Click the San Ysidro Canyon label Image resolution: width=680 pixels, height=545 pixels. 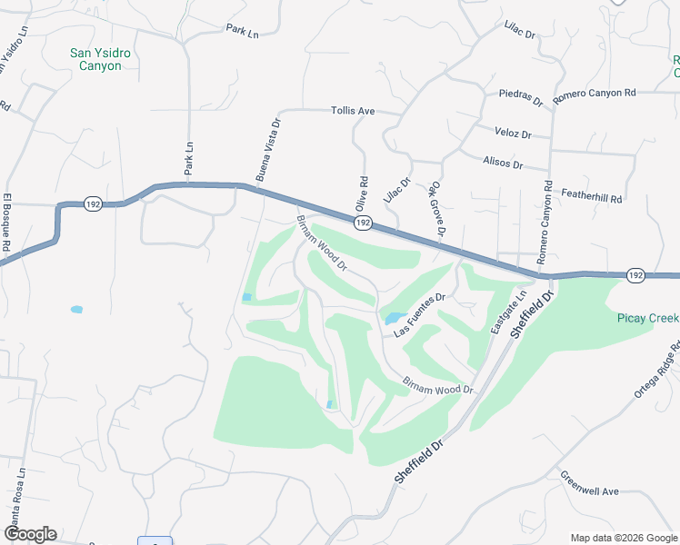tap(100, 60)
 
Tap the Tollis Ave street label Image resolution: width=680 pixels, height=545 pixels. tap(353, 111)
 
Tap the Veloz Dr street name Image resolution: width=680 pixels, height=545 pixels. tap(513, 133)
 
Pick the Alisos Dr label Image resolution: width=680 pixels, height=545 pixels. tap(505, 164)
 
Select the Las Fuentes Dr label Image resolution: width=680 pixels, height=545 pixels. tap(420, 314)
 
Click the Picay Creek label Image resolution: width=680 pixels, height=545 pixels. tap(647, 318)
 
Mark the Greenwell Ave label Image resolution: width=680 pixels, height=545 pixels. tap(589, 483)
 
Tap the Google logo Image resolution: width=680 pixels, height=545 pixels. tap(30, 534)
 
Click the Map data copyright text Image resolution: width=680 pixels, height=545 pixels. tap(622, 537)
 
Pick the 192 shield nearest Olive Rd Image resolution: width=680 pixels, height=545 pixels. tap(363, 223)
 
